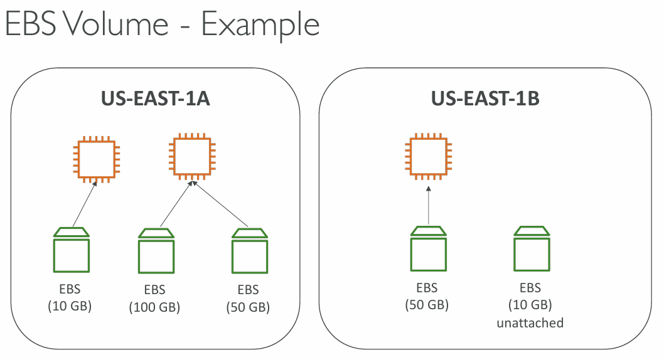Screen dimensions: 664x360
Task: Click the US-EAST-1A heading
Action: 156,98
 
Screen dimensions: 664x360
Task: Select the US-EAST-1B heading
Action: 485,98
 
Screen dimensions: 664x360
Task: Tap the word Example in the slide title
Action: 260,25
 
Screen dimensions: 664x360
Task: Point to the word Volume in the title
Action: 116,24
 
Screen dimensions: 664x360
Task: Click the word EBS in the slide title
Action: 31,24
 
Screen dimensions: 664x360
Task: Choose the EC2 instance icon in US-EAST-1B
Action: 428,157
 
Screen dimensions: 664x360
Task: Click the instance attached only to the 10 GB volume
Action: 97,159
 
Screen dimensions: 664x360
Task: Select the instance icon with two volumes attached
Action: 192,157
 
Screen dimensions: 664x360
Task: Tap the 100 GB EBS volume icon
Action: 156,251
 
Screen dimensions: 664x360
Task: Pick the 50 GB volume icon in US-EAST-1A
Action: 250,251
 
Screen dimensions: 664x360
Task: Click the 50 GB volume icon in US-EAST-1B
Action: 429,249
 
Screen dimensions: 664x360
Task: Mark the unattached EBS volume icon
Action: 532,249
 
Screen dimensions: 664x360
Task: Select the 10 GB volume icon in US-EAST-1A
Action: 72,250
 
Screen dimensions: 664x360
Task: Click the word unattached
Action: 530,323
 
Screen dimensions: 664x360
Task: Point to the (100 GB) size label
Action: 154,307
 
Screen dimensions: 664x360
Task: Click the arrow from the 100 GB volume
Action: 176,204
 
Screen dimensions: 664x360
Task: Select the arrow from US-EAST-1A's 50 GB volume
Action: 220,204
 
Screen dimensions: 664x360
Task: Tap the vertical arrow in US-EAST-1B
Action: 429,205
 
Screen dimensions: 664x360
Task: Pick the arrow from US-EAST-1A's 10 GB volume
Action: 85,204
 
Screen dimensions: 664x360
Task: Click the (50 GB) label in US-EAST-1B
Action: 427,305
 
